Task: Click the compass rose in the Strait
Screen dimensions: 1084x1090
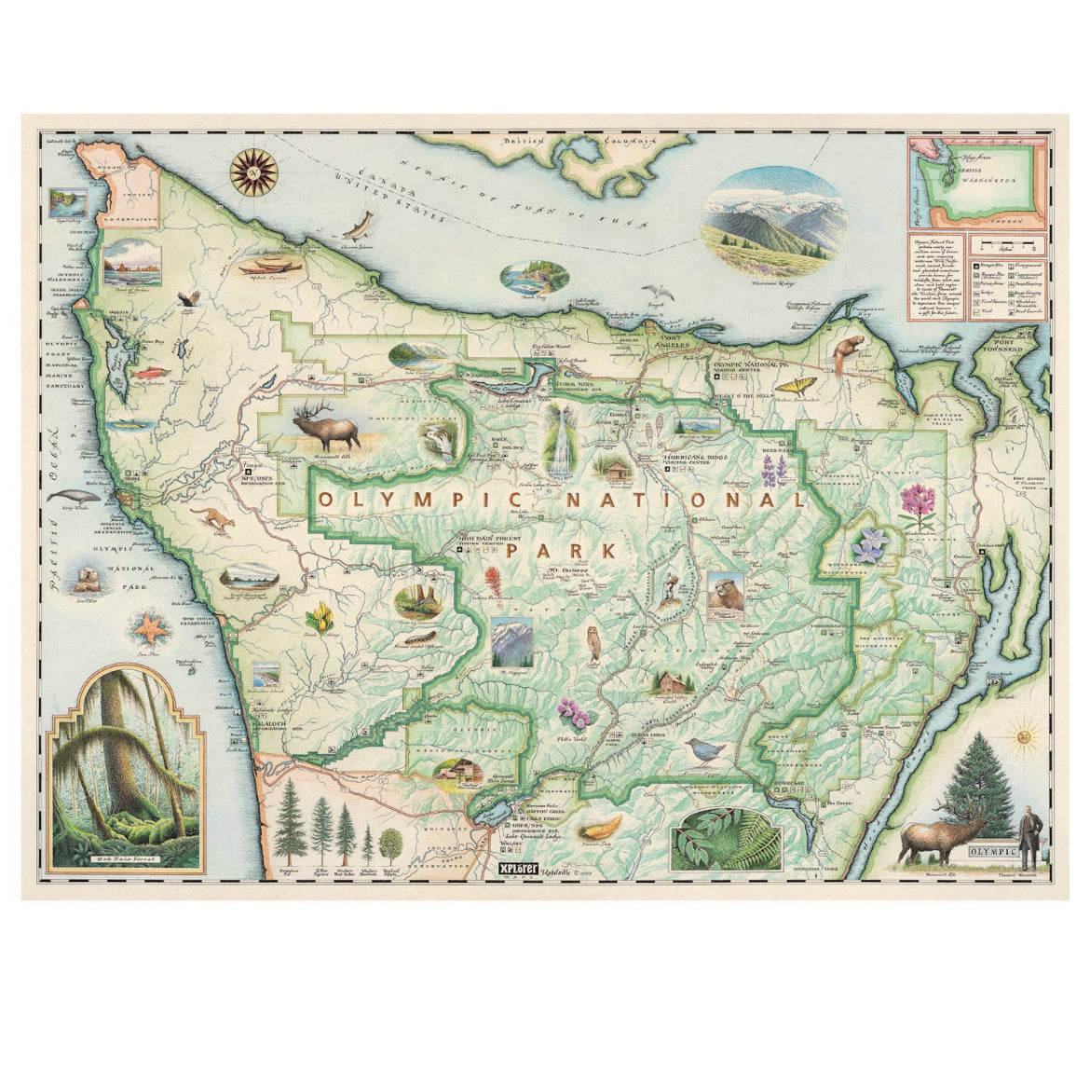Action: [x=252, y=172]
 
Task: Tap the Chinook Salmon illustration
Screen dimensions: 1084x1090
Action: [x=359, y=226]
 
